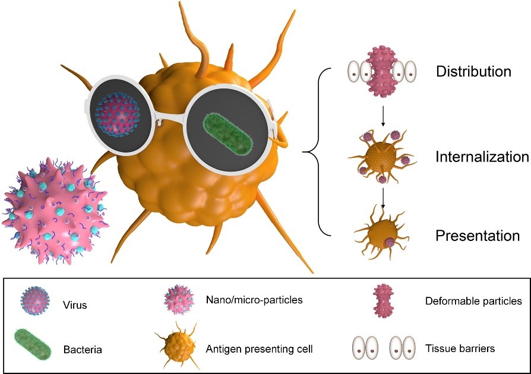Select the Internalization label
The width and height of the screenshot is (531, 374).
482,157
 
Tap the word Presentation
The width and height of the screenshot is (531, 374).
478,235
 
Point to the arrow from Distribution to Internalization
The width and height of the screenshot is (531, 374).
384,118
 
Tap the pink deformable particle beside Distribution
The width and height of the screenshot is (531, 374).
381,72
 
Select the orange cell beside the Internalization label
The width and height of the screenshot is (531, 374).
381,157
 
